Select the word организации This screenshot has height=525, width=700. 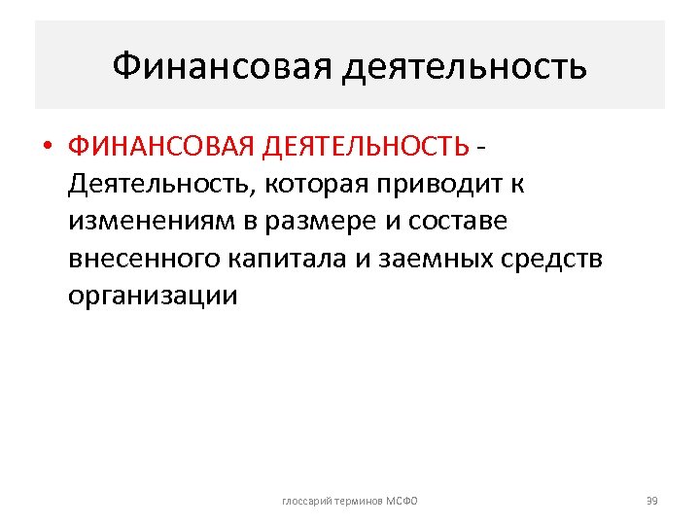point(153,295)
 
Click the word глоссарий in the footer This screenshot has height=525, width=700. point(305,501)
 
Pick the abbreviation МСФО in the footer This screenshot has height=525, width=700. point(401,501)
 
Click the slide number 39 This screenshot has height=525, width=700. point(651,501)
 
